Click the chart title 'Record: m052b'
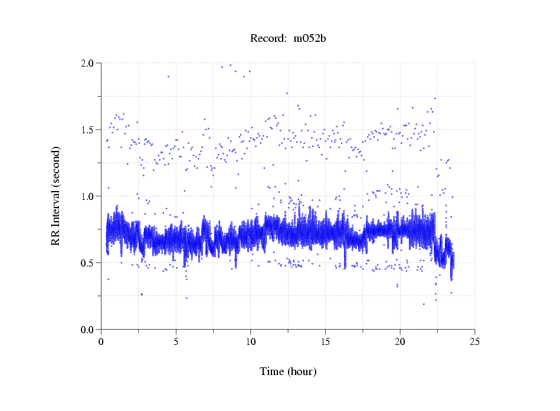(x=288, y=39)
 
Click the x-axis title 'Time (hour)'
(x=288, y=371)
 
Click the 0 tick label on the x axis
(x=101, y=341)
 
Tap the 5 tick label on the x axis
(x=176, y=341)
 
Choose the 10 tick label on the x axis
(x=251, y=341)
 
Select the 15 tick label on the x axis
(x=325, y=341)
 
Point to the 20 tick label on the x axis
(x=400, y=341)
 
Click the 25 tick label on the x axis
(x=474, y=341)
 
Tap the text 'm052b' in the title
(x=310, y=39)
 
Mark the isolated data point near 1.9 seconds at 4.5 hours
(x=168, y=76)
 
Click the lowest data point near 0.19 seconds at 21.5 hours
(x=423, y=304)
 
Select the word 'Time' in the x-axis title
(x=273, y=371)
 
